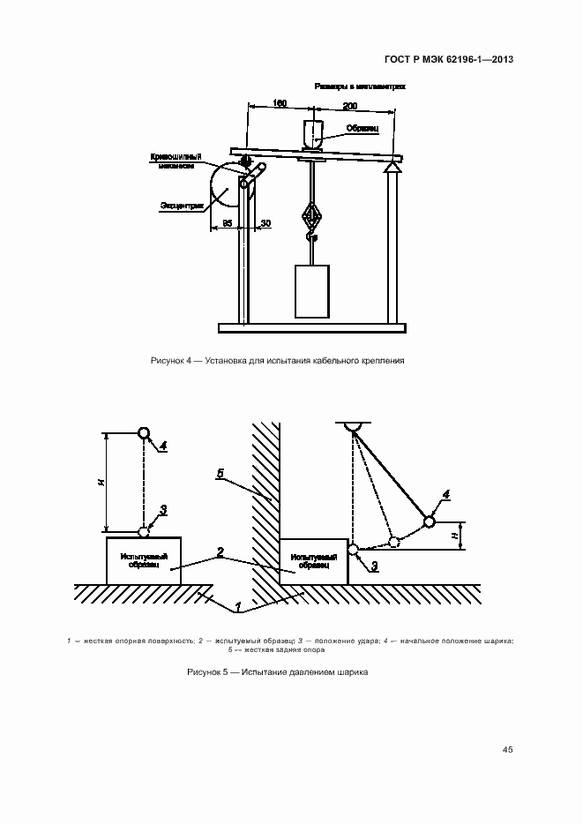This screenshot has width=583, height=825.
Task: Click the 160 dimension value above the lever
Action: pyautogui.click(x=280, y=104)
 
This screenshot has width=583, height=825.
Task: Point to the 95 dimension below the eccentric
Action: pyautogui.click(x=227, y=223)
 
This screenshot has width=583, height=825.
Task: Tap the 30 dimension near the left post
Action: pyautogui.click(x=265, y=223)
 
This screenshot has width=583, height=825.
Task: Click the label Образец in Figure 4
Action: pyautogui.click(x=363, y=128)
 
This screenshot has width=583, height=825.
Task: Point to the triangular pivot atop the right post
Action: pyautogui.click(x=392, y=169)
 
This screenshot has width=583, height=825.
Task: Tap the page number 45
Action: pyautogui.click(x=507, y=749)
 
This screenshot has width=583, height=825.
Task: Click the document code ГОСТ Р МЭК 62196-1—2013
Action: pyautogui.click(x=450, y=60)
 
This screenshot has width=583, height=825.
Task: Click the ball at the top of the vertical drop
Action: pyautogui.click(x=144, y=433)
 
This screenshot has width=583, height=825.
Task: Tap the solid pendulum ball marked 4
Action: pyautogui.click(x=430, y=521)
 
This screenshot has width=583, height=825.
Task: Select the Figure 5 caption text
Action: pyautogui.click(x=277, y=672)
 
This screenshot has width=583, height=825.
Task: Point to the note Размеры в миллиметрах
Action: pyautogui.click(x=359, y=87)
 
